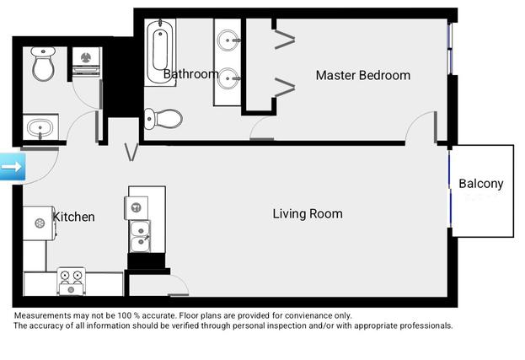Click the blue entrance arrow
(12, 167)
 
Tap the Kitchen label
(74, 218)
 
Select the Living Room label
(308, 214)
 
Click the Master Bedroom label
(362, 76)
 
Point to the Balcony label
(480, 184)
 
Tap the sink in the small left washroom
(39, 130)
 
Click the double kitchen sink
(141, 236)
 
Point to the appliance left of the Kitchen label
(40, 223)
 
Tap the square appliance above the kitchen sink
(135, 207)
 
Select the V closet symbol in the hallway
(131, 153)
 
